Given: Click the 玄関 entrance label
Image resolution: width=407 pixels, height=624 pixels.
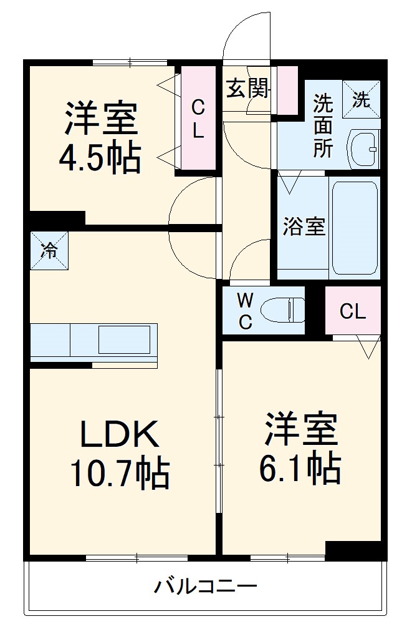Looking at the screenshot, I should (x=247, y=89).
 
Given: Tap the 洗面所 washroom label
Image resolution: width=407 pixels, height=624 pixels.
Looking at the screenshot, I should (x=323, y=125).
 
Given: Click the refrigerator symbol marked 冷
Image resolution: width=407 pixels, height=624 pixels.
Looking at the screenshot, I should (x=49, y=251).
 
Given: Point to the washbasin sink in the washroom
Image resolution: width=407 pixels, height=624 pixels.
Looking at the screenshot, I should (x=364, y=149).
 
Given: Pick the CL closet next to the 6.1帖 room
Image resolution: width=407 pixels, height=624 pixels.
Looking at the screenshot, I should (x=353, y=311).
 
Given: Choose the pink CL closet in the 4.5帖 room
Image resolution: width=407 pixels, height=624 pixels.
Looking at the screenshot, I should (x=198, y=119).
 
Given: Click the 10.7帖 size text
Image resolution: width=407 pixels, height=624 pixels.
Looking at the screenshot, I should (x=118, y=474).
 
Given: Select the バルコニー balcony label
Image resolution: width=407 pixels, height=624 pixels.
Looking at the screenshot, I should (x=205, y=587).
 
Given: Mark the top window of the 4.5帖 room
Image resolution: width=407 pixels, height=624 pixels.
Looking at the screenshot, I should (x=130, y=62).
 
